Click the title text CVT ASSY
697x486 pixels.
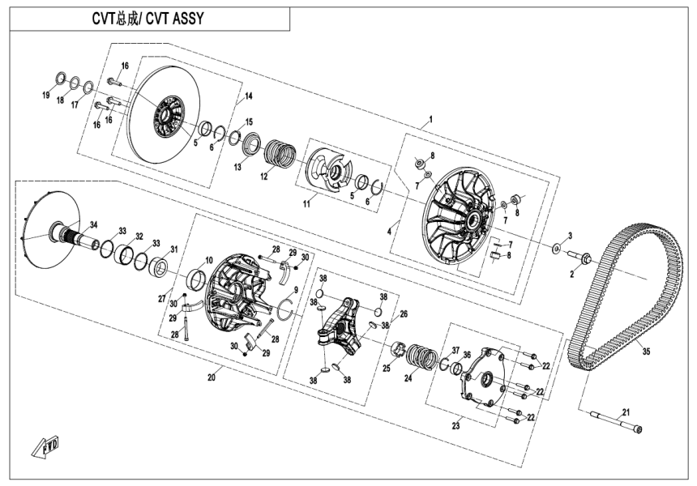pos(151,19)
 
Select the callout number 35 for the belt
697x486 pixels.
pos(645,352)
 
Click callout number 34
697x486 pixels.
pos(93,224)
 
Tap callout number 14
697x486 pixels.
pos(249,96)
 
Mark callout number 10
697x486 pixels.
pos(208,260)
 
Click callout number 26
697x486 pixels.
pos(403,313)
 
